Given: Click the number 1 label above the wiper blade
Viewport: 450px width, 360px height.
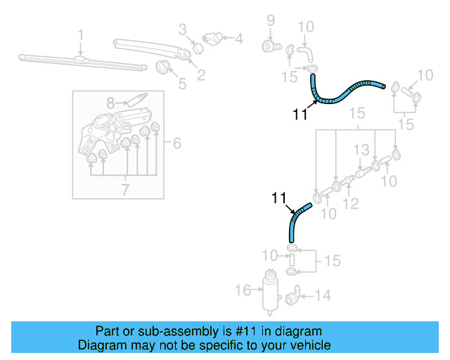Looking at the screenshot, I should coord(81,34).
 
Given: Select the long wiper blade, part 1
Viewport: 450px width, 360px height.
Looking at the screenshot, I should coord(77,62).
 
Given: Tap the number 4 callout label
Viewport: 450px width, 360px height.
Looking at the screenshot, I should coord(238,39).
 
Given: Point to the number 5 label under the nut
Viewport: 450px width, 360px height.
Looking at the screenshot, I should coord(182,84).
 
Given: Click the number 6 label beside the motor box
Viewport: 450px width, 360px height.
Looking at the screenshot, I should coord(176,143).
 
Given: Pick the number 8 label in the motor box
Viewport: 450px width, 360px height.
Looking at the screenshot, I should coord(110,103).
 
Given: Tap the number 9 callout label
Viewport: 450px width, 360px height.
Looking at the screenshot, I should coord(270,20).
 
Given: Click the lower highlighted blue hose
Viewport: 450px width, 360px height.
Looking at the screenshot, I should coord(296,220).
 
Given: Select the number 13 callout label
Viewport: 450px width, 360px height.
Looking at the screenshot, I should coord(361,150).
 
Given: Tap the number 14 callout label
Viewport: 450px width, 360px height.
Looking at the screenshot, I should coord(322,296).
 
